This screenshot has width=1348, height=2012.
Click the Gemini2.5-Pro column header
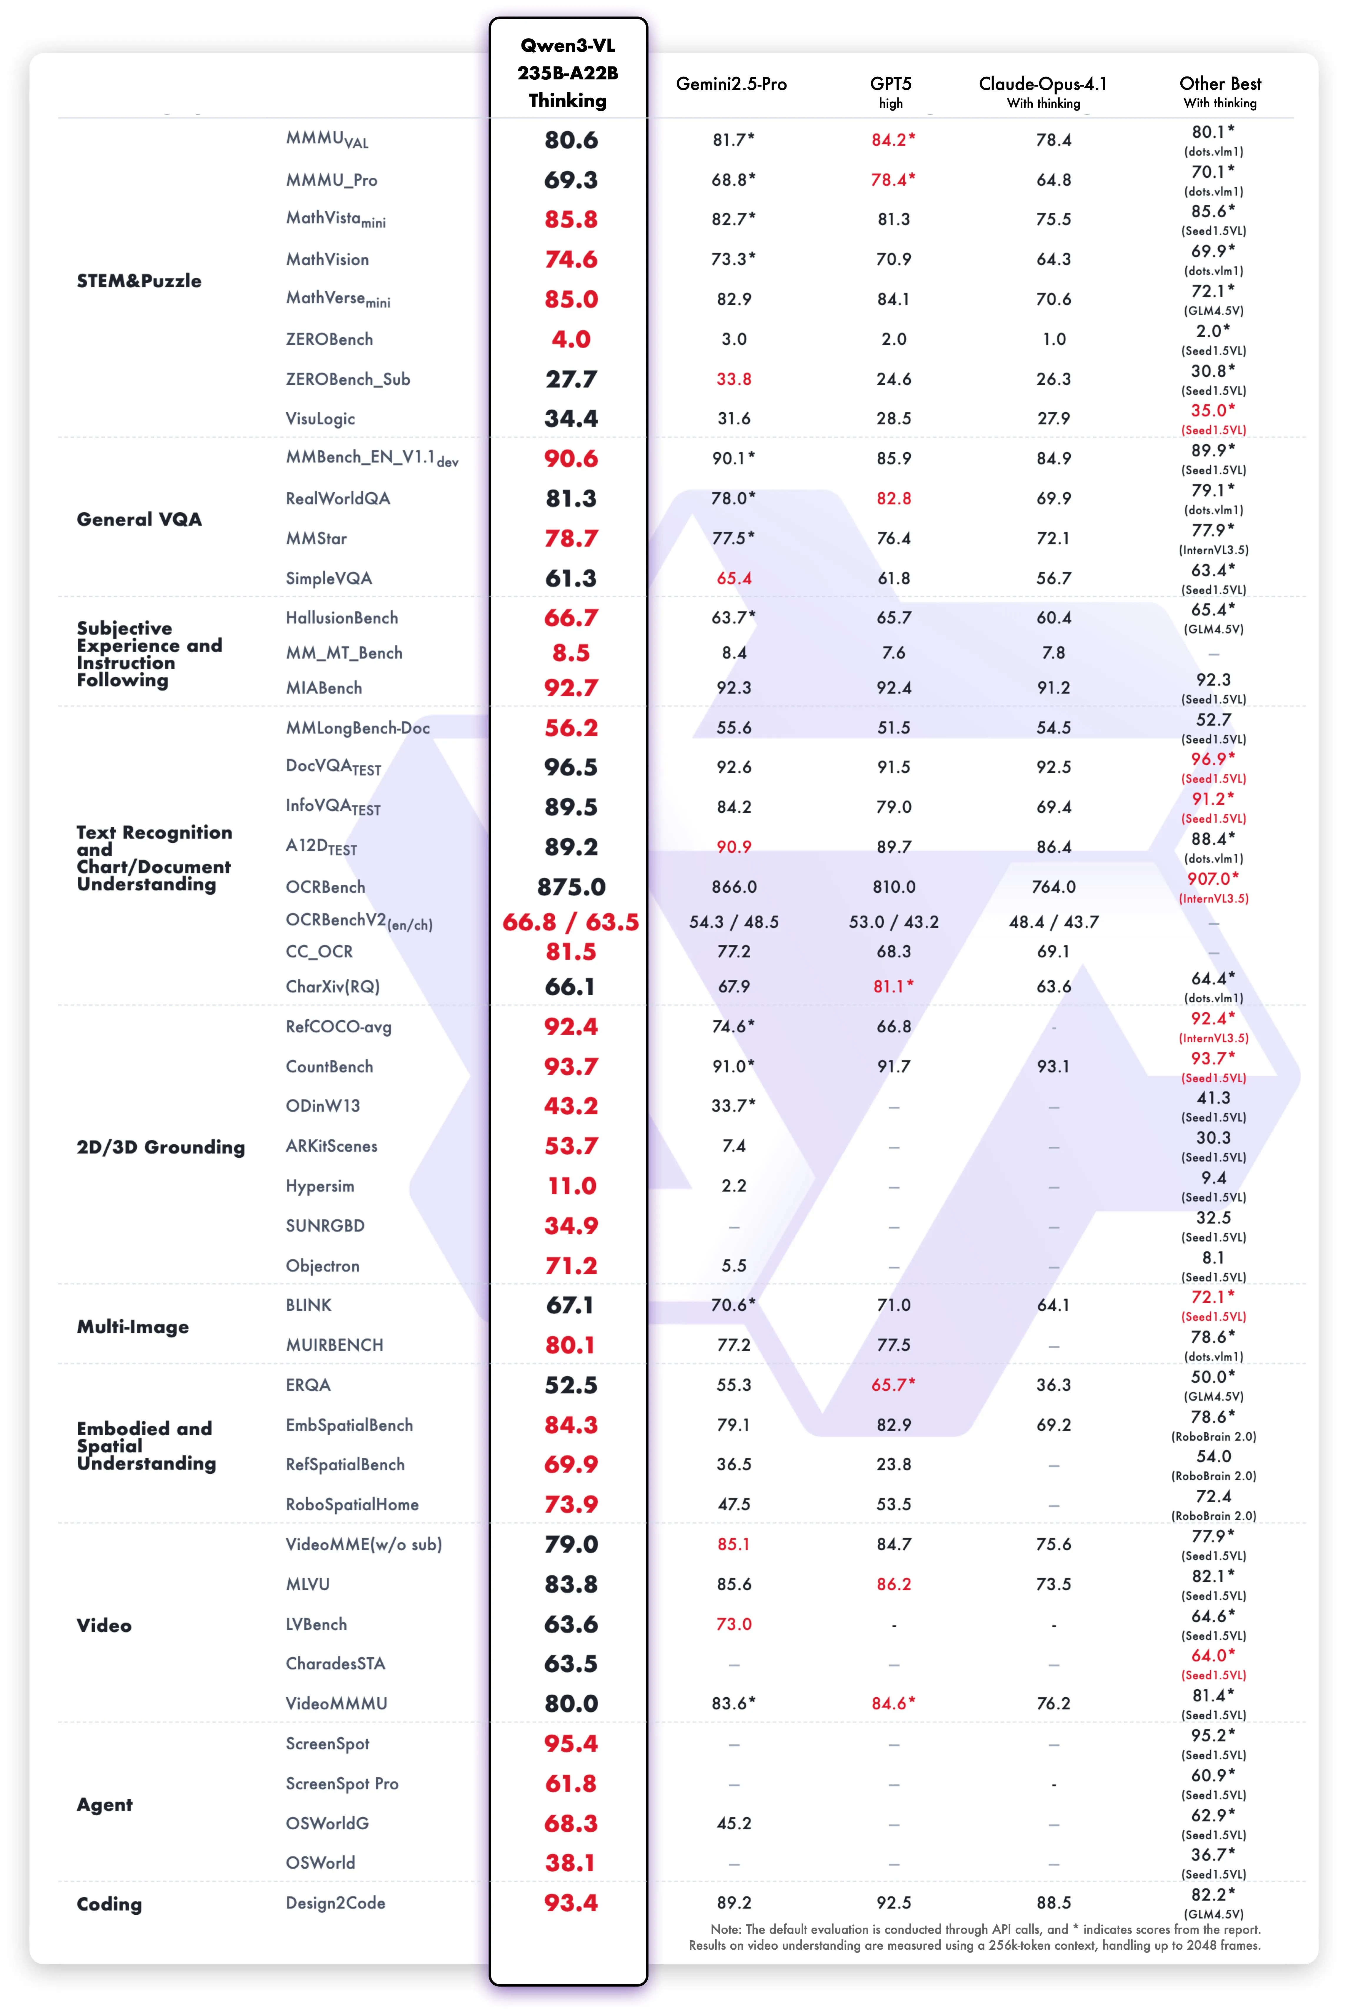pos(731,84)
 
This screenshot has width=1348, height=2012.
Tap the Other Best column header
pos(1220,84)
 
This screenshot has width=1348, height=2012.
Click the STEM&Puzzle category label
pos(139,281)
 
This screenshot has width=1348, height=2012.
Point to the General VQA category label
pos(139,519)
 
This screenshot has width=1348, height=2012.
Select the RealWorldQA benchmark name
pos(338,499)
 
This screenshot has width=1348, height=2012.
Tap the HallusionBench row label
pos(341,618)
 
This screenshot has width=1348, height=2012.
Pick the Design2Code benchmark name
pos(335,1903)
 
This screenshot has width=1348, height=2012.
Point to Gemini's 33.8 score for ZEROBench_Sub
pos(733,379)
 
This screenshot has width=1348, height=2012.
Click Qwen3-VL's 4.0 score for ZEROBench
pos(571,339)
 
